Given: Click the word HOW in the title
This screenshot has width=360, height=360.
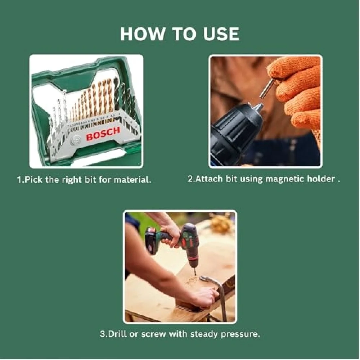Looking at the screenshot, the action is (143, 34).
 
